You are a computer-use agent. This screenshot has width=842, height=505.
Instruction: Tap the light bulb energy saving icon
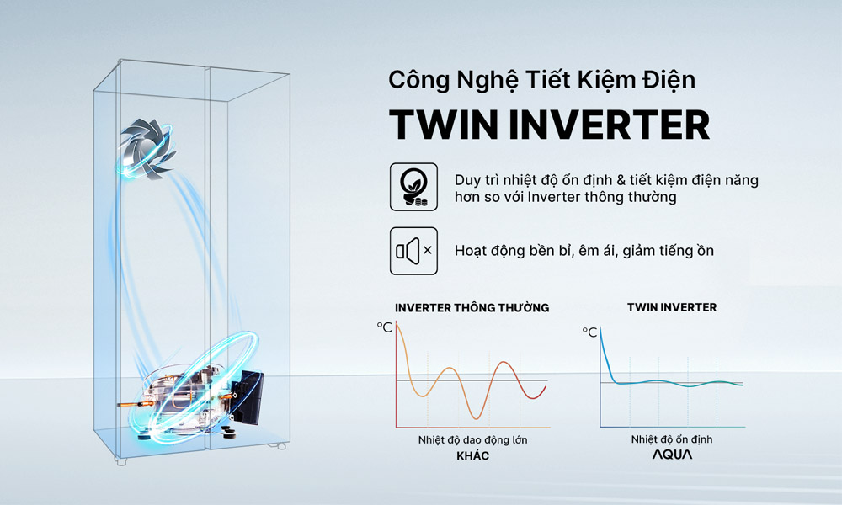tap(413, 187)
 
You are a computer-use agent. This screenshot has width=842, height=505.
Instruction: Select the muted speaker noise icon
tap(413, 250)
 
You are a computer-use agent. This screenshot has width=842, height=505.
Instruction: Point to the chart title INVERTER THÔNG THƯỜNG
tap(472, 308)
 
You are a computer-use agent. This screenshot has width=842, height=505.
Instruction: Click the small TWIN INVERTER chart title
tap(672, 308)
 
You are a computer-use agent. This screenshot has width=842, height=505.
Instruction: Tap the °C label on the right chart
tap(589, 332)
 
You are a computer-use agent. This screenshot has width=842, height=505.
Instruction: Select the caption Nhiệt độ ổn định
tap(672, 439)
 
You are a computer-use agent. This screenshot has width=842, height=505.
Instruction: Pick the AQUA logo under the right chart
tap(672, 455)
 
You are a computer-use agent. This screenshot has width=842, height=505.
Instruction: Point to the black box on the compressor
tap(249, 398)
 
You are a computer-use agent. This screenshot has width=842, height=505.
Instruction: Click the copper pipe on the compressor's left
tap(135, 407)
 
